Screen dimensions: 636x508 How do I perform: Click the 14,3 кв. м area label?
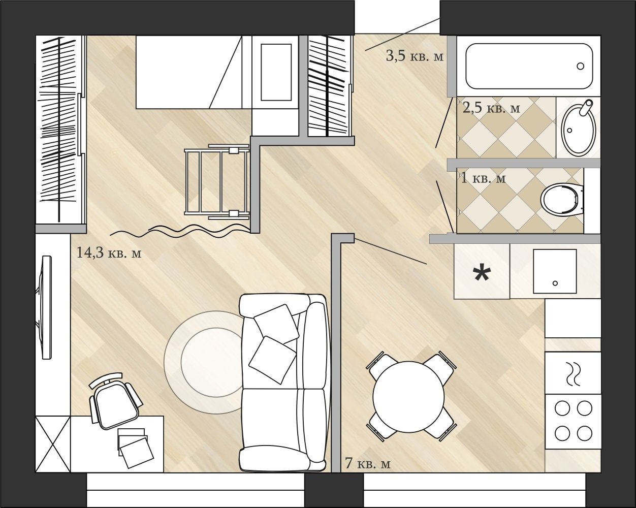[x=109, y=252]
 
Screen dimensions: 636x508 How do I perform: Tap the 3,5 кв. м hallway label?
[x=415, y=55]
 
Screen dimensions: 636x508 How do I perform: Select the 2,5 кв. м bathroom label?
[x=491, y=108]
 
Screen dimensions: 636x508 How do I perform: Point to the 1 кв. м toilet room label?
[x=484, y=178]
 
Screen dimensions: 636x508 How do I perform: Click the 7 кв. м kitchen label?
[x=368, y=463]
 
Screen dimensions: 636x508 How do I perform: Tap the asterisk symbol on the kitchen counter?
[x=482, y=274]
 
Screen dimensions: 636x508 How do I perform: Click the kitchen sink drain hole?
[x=555, y=283]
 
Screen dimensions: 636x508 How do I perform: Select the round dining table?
[x=409, y=397]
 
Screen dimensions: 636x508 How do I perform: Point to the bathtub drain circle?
[x=581, y=66]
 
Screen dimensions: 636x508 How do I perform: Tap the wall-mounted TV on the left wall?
[x=45, y=307]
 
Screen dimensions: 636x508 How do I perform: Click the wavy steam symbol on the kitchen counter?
[x=573, y=373]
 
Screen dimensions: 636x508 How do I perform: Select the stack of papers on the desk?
[x=135, y=448]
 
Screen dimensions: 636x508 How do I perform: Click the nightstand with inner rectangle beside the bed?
[x=275, y=72]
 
